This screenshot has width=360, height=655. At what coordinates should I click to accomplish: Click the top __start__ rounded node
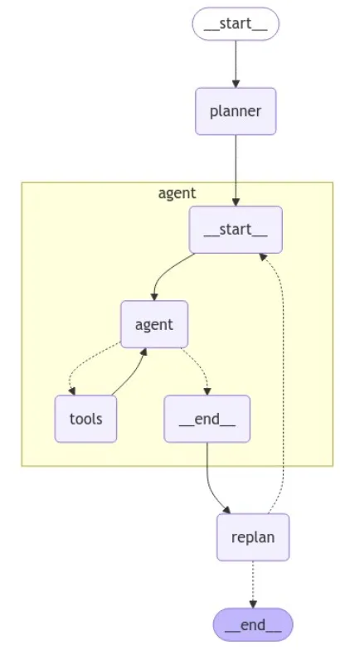point(236,24)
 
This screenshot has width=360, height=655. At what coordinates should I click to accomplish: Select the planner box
point(236,111)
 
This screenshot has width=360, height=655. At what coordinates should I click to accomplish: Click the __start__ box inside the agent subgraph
point(236,230)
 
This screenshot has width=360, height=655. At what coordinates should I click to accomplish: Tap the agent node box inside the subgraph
point(154,324)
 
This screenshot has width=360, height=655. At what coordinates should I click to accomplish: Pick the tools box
point(85,419)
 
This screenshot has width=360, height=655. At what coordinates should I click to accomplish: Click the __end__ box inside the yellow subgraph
point(207,419)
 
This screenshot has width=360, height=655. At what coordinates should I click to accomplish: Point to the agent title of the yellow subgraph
point(177,194)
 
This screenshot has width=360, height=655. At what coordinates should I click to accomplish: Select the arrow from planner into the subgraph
point(236,166)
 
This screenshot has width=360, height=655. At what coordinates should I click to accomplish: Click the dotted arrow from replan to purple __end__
point(252,580)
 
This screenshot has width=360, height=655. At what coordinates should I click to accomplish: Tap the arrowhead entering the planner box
point(236,83)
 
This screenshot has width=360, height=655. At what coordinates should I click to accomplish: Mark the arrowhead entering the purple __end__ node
point(252,604)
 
